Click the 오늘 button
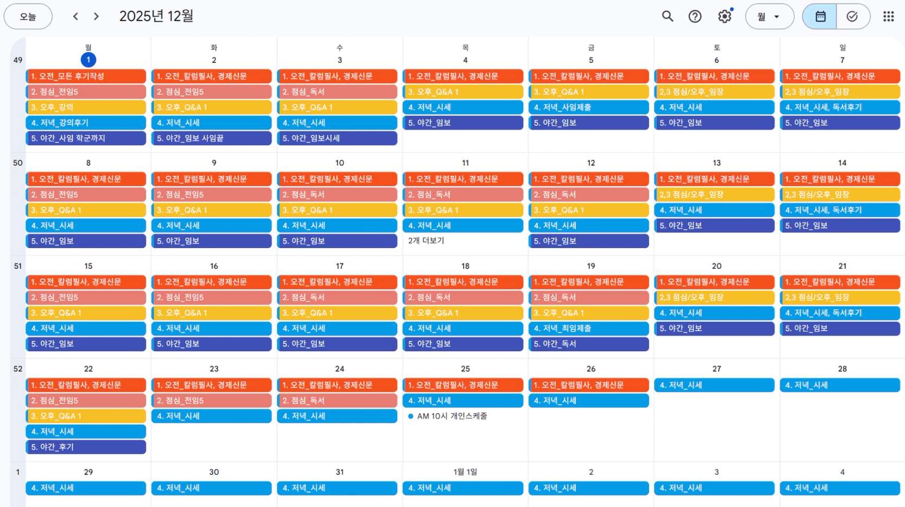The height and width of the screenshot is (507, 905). tap(28, 17)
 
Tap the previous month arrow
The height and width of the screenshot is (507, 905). tap(76, 17)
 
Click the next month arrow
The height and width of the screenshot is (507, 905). tap(96, 17)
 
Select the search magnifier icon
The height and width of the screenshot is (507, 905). tap(668, 17)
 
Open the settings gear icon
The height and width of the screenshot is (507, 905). tap(725, 17)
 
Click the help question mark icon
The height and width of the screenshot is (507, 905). tap(695, 17)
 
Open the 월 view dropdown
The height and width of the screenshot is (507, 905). tap(769, 17)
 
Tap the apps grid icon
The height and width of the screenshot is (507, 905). tap(888, 17)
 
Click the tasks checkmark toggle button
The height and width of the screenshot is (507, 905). tap(852, 17)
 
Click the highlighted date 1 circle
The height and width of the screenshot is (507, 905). tap(88, 60)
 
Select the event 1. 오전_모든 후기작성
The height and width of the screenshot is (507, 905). tap(86, 77)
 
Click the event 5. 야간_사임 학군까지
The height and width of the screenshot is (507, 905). tap(86, 138)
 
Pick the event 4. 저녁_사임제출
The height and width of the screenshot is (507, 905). tap(588, 107)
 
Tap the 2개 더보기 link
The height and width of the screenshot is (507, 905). tap(426, 240)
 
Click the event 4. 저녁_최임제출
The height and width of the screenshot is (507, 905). tap(588, 328)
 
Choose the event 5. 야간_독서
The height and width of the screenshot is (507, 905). tap(588, 344)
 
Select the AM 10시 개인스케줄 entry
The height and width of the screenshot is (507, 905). tap(451, 416)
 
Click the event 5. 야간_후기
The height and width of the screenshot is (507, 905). tap(86, 447)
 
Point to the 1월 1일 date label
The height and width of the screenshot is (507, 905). tap(465, 472)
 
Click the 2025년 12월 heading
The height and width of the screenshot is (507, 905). tap(156, 16)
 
